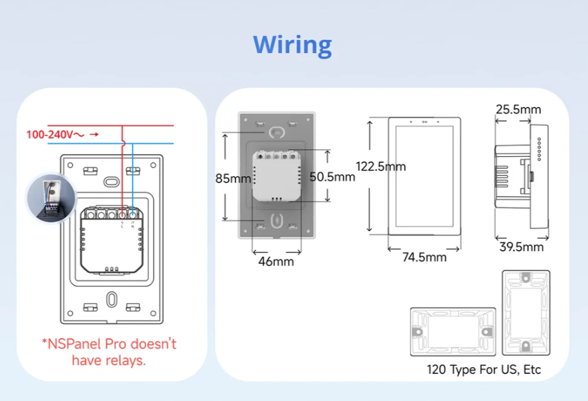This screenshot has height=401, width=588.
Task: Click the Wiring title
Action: (x=293, y=45)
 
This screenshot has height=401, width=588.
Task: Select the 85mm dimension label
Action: (x=233, y=179)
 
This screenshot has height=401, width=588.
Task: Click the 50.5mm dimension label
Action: (x=332, y=177)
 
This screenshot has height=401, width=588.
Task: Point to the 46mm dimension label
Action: (x=275, y=262)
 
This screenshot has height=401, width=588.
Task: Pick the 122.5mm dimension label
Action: (x=380, y=166)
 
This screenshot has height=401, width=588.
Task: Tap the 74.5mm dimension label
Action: (x=425, y=257)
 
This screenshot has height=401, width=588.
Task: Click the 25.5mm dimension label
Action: (x=518, y=109)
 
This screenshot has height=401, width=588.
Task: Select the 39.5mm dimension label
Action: (x=521, y=248)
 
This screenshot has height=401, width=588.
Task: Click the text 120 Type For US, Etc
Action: (x=484, y=369)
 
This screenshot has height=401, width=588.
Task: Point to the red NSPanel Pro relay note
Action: (x=109, y=352)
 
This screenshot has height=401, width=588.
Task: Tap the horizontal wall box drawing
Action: (x=453, y=331)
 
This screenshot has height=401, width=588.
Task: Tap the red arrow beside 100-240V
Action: (x=94, y=134)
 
